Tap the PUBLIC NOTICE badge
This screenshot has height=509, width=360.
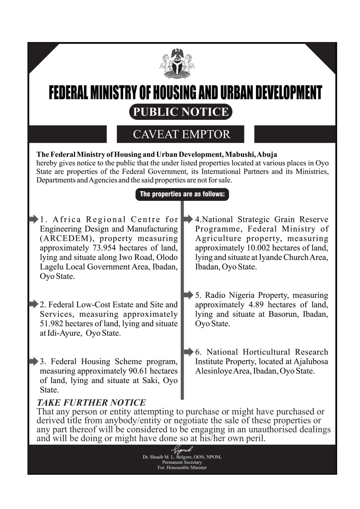pyautogui.click(x=181, y=112)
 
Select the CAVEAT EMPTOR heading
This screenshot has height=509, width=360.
pyautogui.click(x=181, y=134)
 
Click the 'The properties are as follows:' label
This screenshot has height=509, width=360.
pyautogui.click(x=182, y=194)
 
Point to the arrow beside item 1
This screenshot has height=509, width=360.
pyautogui.click(x=33, y=219)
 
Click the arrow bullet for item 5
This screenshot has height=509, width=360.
pyautogui.click(x=188, y=295)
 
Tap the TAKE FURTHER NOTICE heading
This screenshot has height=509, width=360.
pyautogui.click(x=91, y=402)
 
